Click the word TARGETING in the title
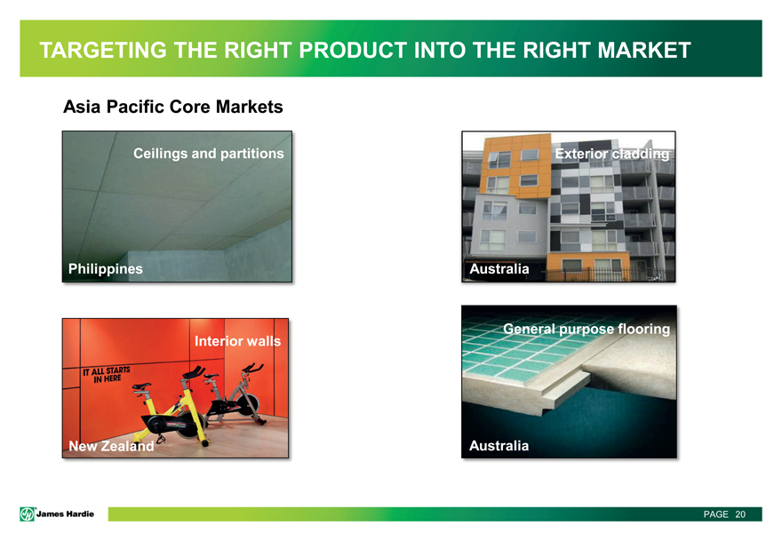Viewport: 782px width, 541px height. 103,51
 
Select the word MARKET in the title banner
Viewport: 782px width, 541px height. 644,51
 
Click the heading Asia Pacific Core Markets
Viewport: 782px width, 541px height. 173,107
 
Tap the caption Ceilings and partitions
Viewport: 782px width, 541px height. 209,154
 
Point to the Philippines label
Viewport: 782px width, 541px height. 105,269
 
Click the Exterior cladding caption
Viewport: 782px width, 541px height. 612,154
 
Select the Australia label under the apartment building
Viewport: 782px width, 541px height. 499,269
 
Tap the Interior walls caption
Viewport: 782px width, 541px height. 237,341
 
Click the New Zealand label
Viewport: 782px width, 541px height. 111,446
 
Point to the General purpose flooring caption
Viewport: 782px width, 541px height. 586,329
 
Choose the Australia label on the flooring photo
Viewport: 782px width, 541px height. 499,446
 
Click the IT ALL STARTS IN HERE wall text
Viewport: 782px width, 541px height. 107,375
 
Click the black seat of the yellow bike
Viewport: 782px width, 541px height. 141,386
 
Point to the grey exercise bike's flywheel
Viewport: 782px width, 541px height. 247,404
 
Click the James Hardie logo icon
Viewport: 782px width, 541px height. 27,514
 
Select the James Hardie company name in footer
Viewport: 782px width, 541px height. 65,514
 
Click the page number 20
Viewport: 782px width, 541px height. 740,514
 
